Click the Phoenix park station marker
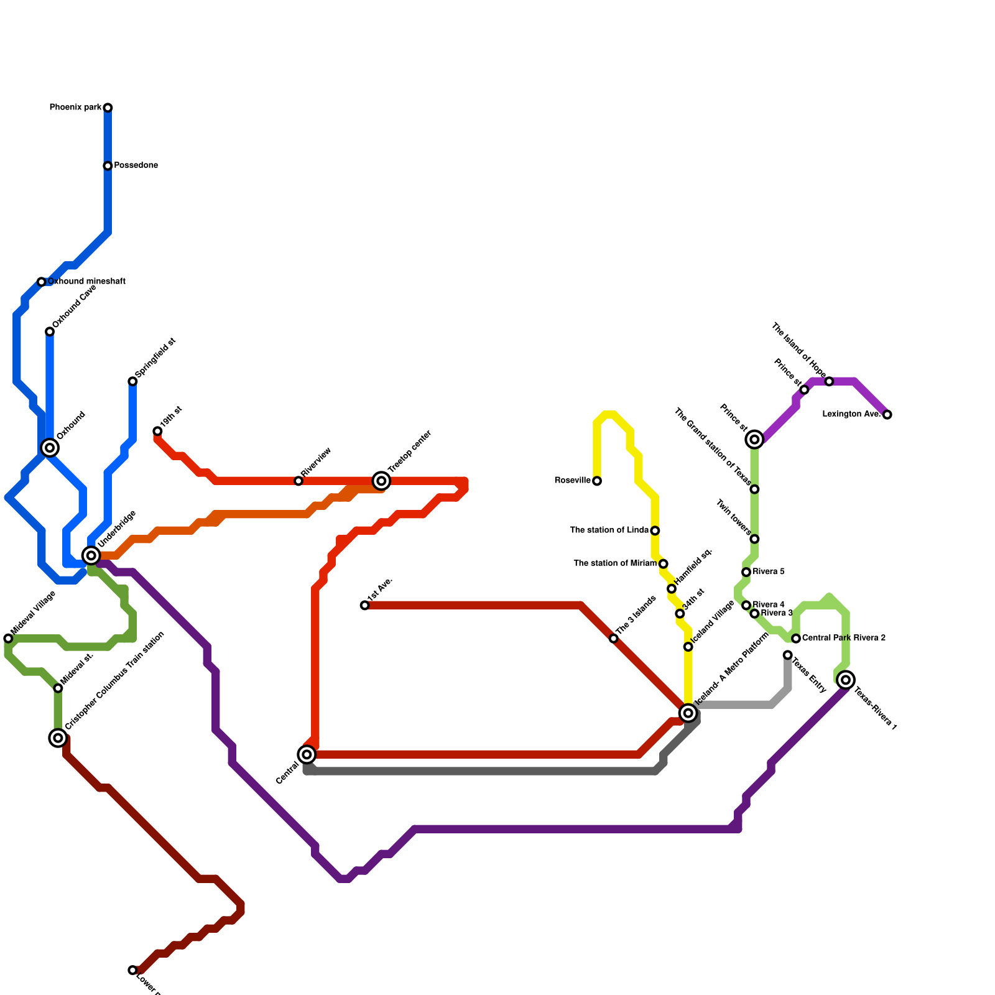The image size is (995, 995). [x=108, y=108]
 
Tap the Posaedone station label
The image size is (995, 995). [x=136, y=165]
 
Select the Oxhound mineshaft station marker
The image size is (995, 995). [x=42, y=282]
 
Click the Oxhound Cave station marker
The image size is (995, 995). [x=50, y=332]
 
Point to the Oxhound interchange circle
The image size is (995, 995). [x=50, y=448]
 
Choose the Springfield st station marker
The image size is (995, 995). [x=132, y=381]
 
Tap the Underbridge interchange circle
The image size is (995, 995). [x=91, y=555]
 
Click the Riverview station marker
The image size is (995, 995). [x=298, y=481]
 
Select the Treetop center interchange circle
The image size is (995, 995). [x=382, y=481]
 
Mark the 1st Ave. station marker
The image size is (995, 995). [x=365, y=605]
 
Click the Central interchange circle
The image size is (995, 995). [x=307, y=755]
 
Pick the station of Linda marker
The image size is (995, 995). [x=655, y=530]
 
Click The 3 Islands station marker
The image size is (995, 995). [x=614, y=639]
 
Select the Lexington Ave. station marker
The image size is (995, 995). [x=887, y=415]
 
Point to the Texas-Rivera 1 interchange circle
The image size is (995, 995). [x=846, y=680]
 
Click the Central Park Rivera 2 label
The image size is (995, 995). [x=843, y=638]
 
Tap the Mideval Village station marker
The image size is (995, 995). [x=8, y=639]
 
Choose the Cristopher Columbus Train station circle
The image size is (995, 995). [x=58, y=738]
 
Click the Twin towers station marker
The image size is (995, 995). [x=754, y=539]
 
